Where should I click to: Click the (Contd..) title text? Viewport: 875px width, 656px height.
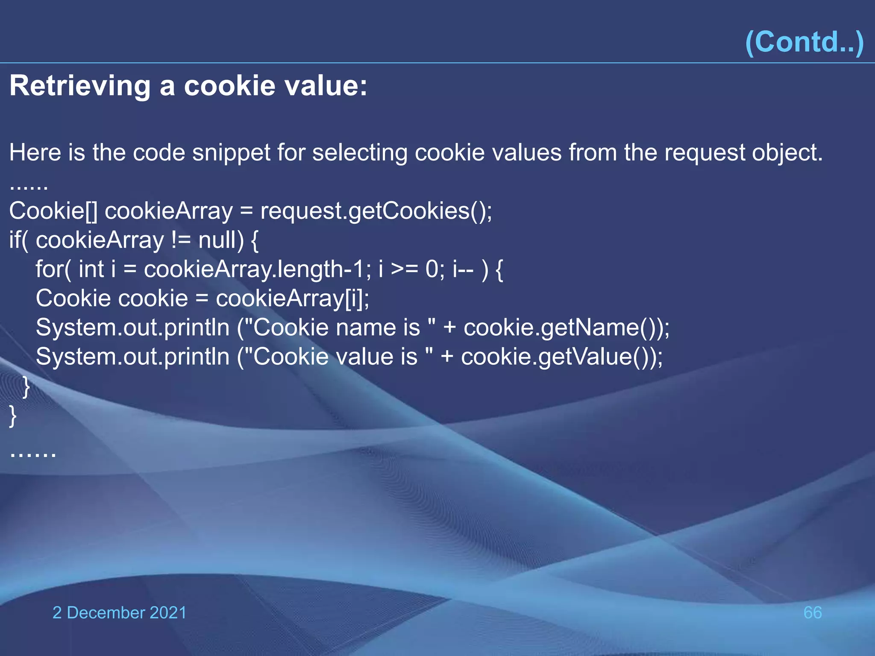point(805,42)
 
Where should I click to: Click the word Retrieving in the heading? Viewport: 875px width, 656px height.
point(80,86)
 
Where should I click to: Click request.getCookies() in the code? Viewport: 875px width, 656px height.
point(376,211)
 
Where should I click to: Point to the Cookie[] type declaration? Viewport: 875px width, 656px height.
point(53,211)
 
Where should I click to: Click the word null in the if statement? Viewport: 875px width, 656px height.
point(217,240)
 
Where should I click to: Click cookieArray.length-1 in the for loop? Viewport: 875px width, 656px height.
point(255,269)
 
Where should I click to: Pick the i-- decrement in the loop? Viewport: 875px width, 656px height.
point(463,269)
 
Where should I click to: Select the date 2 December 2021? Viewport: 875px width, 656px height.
point(120,612)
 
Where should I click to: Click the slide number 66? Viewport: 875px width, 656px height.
point(813,612)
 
